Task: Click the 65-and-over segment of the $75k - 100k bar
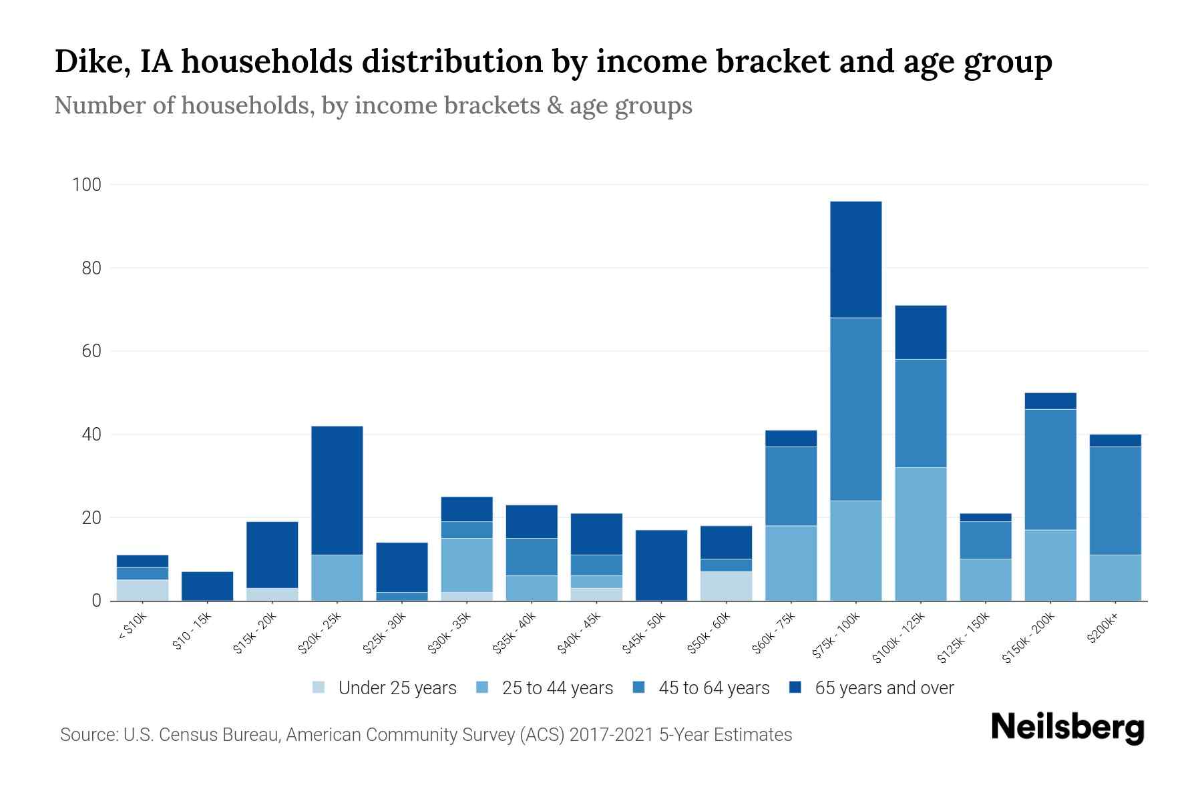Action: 855,259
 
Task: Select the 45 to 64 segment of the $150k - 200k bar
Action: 1050,469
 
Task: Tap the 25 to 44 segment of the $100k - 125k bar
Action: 921,534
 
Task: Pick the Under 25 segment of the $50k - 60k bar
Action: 726,586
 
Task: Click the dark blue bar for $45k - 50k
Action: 661,565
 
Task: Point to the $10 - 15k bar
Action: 207,586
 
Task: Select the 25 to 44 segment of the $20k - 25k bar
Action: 337,577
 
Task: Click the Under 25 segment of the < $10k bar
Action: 142,590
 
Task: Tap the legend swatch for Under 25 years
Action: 319,688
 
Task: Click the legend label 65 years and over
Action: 884,688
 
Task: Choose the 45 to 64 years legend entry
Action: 714,688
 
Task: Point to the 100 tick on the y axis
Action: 86,185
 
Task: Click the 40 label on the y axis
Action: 91,435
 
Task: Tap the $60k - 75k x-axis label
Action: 773,633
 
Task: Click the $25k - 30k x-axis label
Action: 383,633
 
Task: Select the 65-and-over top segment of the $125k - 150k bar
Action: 986,517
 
